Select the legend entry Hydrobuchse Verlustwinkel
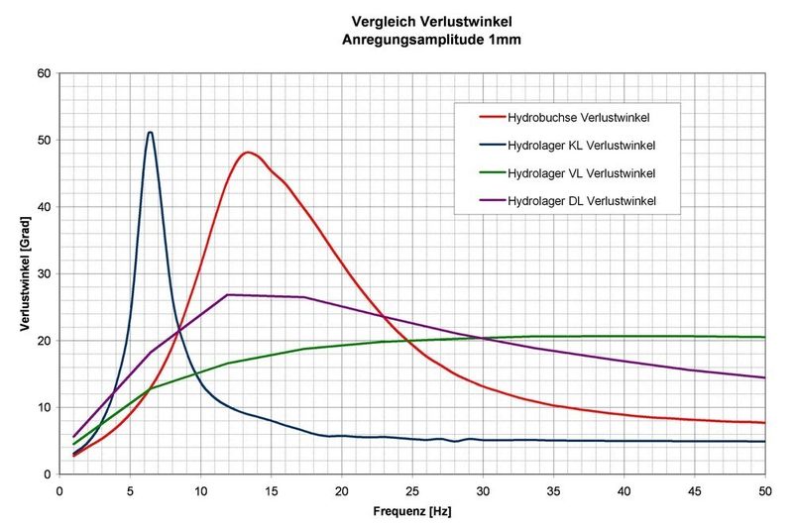pos(578,118)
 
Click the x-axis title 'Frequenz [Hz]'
pos(411,514)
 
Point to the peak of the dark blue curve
pos(150,132)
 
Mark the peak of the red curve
pos(247,153)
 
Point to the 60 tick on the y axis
pos(45,73)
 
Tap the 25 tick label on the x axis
pos(411,490)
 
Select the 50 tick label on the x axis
pos(763,490)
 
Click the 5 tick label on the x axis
pos(130,490)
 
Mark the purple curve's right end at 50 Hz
pos(764,377)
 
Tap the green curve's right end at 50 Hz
pos(764,337)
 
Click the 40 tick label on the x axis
pos(623,490)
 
